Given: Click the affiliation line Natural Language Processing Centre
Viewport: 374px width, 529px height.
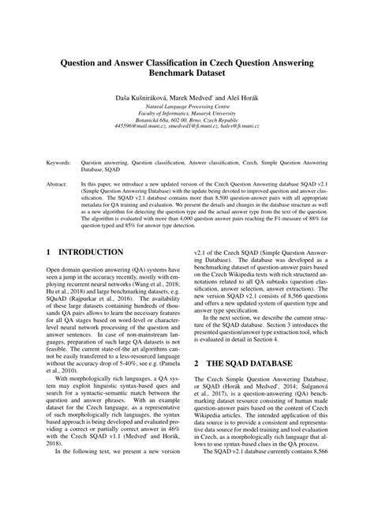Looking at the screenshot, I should [186, 104].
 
